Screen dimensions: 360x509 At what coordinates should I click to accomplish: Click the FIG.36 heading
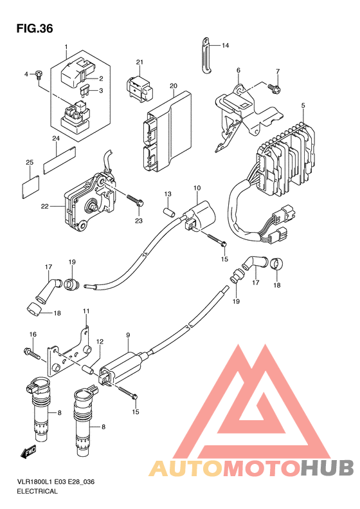(x=35, y=28)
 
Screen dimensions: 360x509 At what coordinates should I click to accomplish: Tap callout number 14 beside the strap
(x=226, y=46)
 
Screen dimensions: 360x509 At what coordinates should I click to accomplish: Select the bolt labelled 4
(x=39, y=75)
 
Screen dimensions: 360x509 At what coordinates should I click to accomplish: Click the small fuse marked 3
(x=84, y=91)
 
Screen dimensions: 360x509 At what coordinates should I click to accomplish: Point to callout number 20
(x=174, y=86)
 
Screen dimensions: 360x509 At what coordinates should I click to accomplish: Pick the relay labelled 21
(x=139, y=87)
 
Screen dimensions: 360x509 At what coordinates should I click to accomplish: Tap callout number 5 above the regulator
(x=303, y=105)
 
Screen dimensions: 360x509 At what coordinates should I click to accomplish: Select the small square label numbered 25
(x=31, y=186)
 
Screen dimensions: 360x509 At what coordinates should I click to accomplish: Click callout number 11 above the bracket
(x=86, y=311)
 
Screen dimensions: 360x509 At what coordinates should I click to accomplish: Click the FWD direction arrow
(x=28, y=451)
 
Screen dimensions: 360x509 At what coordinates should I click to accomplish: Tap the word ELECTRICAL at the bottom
(x=37, y=491)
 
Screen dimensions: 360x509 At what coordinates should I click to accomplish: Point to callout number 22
(x=45, y=206)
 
